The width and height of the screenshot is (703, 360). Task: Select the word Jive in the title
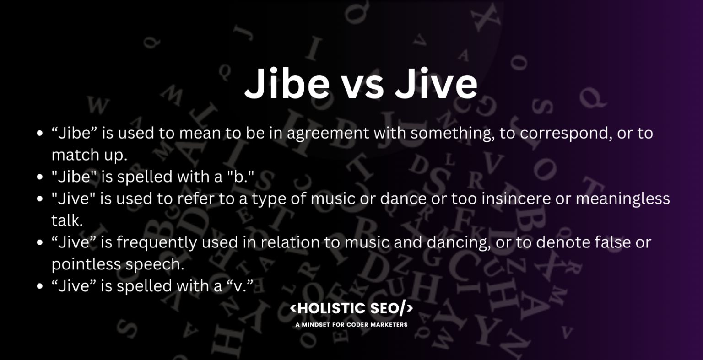(436, 83)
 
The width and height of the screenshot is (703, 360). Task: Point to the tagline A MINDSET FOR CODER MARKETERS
(351, 325)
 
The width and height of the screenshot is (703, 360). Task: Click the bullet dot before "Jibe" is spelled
(40, 177)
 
